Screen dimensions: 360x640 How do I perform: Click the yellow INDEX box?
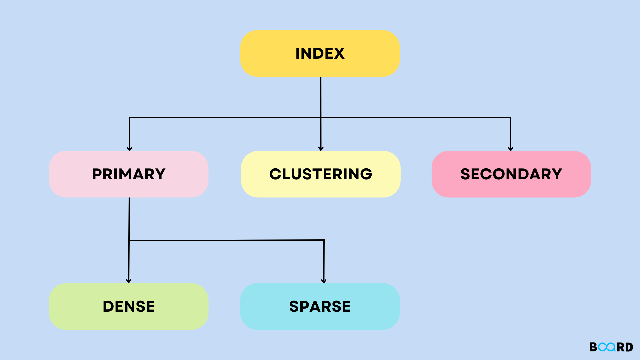[320, 54]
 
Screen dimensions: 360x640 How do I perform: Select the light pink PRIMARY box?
[129, 174]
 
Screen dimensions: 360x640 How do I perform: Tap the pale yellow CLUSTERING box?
[321, 174]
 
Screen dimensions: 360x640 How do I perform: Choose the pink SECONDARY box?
[511, 174]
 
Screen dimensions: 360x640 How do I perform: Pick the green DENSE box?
[129, 307]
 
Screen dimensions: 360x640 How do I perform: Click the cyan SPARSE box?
[320, 307]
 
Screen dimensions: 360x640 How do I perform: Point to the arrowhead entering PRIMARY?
[129, 149]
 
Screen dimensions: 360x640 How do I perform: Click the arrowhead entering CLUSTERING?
[321, 149]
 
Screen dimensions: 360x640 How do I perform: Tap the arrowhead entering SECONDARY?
[511, 149]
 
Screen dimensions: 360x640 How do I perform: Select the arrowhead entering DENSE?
[129, 281]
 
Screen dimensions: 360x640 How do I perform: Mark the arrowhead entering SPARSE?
[324, 281]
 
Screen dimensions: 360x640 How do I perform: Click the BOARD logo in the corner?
[611, 347]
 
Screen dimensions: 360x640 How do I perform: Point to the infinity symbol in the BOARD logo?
[607, 347]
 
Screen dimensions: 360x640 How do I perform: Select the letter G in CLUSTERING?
[366, 174]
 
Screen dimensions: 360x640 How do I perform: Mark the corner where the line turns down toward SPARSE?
[324, 240]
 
